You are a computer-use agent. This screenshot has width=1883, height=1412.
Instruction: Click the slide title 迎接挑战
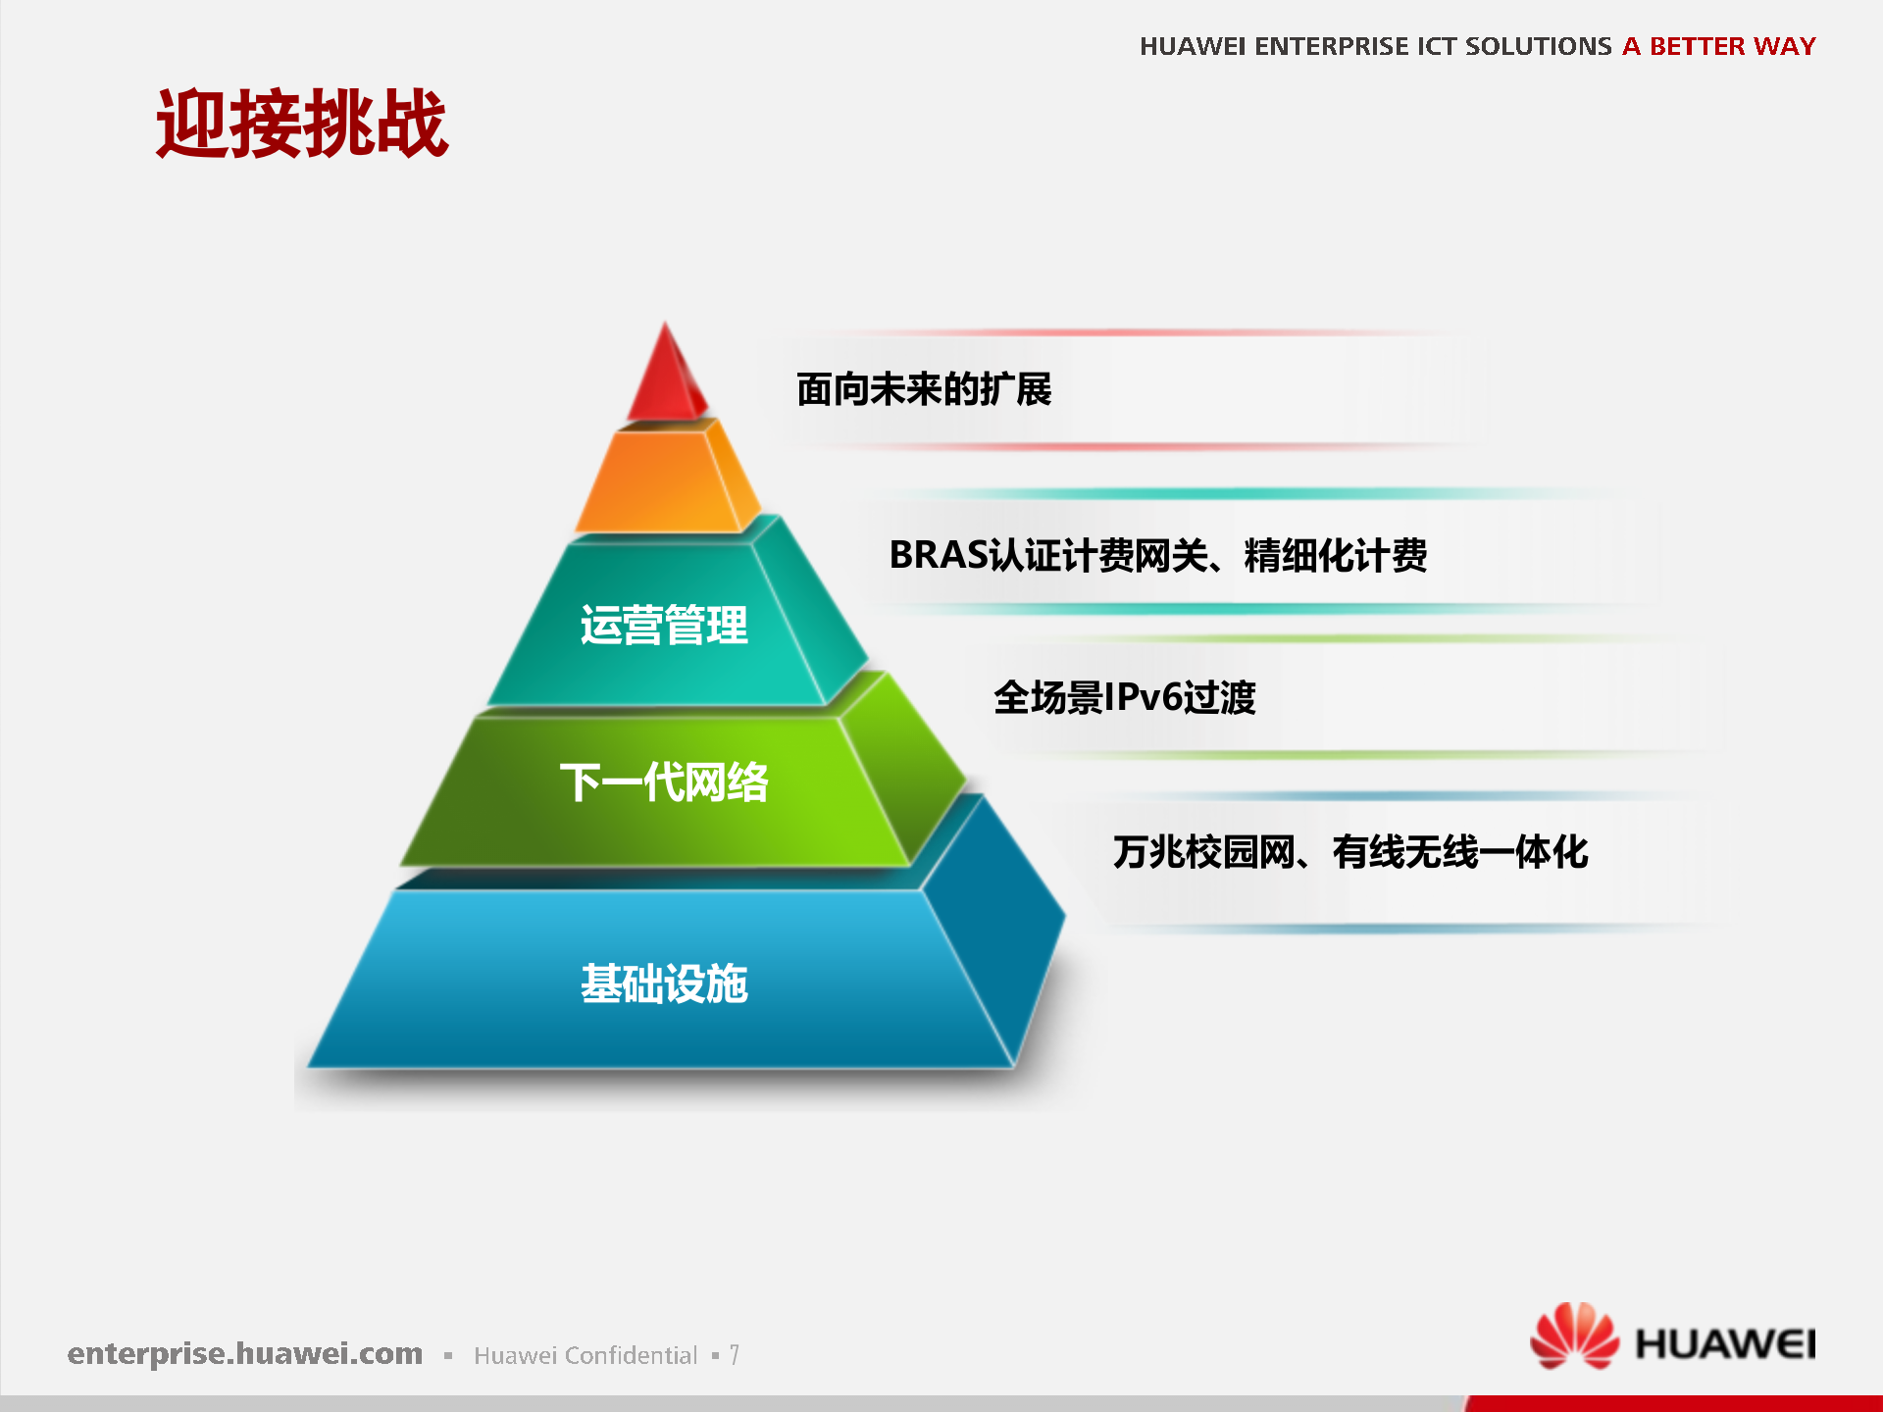302,124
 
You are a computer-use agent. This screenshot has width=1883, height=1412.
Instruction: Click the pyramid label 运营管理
663,626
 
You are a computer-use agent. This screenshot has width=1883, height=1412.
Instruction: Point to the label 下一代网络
663,782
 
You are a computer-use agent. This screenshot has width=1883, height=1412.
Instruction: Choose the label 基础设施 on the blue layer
663,983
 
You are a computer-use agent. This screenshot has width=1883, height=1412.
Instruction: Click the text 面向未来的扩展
923,389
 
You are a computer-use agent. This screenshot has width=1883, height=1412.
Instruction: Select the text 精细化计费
1335,556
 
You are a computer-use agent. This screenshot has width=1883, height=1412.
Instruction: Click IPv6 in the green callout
1143,697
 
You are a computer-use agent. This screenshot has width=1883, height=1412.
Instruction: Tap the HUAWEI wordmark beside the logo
1725,1344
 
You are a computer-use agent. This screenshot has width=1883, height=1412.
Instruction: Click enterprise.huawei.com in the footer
245,1353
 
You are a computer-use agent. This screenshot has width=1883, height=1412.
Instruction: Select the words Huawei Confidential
585,1355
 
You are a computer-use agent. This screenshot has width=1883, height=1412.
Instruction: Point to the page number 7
734,1355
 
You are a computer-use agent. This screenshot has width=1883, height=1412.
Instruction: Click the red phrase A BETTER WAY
1718,46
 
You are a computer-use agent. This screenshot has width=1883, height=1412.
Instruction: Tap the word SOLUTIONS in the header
1538,46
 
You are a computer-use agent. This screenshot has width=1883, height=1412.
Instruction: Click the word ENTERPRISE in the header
1332,46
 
